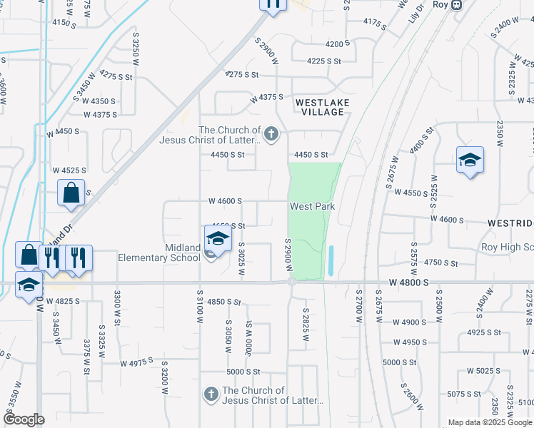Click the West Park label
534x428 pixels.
(x=312, y=207)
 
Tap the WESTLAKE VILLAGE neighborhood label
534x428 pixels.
(x=323, y=108)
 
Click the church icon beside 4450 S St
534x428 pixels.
(x=271, y=133)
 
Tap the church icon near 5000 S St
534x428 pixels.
(x=211, y=394)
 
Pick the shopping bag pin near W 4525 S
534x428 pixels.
(x=71, y=193)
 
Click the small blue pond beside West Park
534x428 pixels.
(x=331, y=261)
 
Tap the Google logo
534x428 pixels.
(x=24, y=419)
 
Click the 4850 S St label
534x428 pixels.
(x=224, y=302)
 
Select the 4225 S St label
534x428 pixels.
(x=324, y=61)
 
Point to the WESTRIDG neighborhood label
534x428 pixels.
(x=510, y=223)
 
